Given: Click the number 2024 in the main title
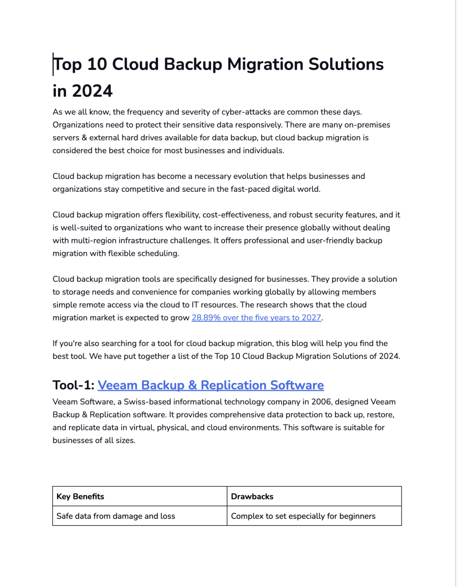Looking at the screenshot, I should pyautogui.click(x=92, y=91).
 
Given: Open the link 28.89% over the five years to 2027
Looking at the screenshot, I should pyautogui.click(x=256, y=318).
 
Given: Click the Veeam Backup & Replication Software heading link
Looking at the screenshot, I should pyautogui.click(x=210, y=385).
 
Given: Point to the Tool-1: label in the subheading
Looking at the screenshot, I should pyautogui.click(x=73, y=385).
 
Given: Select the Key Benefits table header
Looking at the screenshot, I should pyautogui.click(x=80, y=497).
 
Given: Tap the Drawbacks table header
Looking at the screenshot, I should pyautogui.click(x=252, y=497).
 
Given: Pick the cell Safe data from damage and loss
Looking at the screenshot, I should pyautogui.click(x=116, y=516).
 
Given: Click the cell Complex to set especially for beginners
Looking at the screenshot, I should pyautogui.click(x=303, y=516).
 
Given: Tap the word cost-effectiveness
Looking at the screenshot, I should pyautogui.click(x=236, y=215).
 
